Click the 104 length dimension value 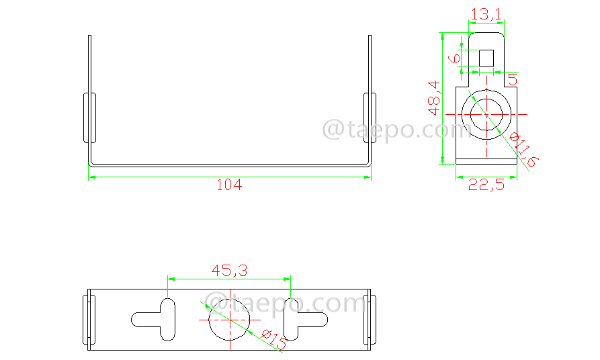pyautogui.click(x=228, y=185)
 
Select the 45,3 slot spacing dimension pyautogui.click(x=229, y=271)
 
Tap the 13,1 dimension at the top pyautogui.click(x=487, y=13)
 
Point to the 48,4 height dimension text pyautogui.click(x=433, y=97)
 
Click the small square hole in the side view pyautogui.click(x=486, y=58)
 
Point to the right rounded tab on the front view pyautogui.click(x=370, y=118)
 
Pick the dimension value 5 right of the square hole pyautogui.click(x=513, y=80)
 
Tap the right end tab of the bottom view pyautogui.click(x=368, y=320)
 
